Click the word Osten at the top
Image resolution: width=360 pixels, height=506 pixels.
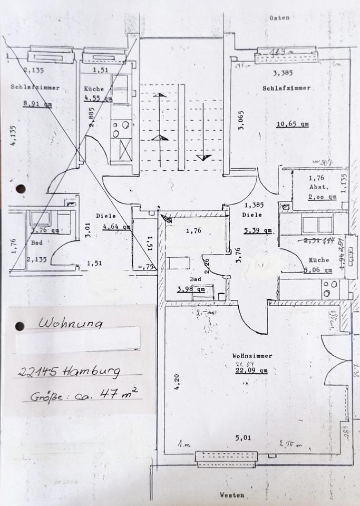coord(279,18)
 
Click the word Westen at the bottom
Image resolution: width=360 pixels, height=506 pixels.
coord(232,495)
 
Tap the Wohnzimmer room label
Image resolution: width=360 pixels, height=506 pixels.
coord(252,356)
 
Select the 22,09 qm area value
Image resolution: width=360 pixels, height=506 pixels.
coord(252,371)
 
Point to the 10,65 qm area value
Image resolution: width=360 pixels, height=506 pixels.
coord(293,125)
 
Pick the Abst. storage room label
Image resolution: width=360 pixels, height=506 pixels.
coord(319,186)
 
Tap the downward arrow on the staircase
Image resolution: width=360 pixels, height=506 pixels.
coord(202,157)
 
